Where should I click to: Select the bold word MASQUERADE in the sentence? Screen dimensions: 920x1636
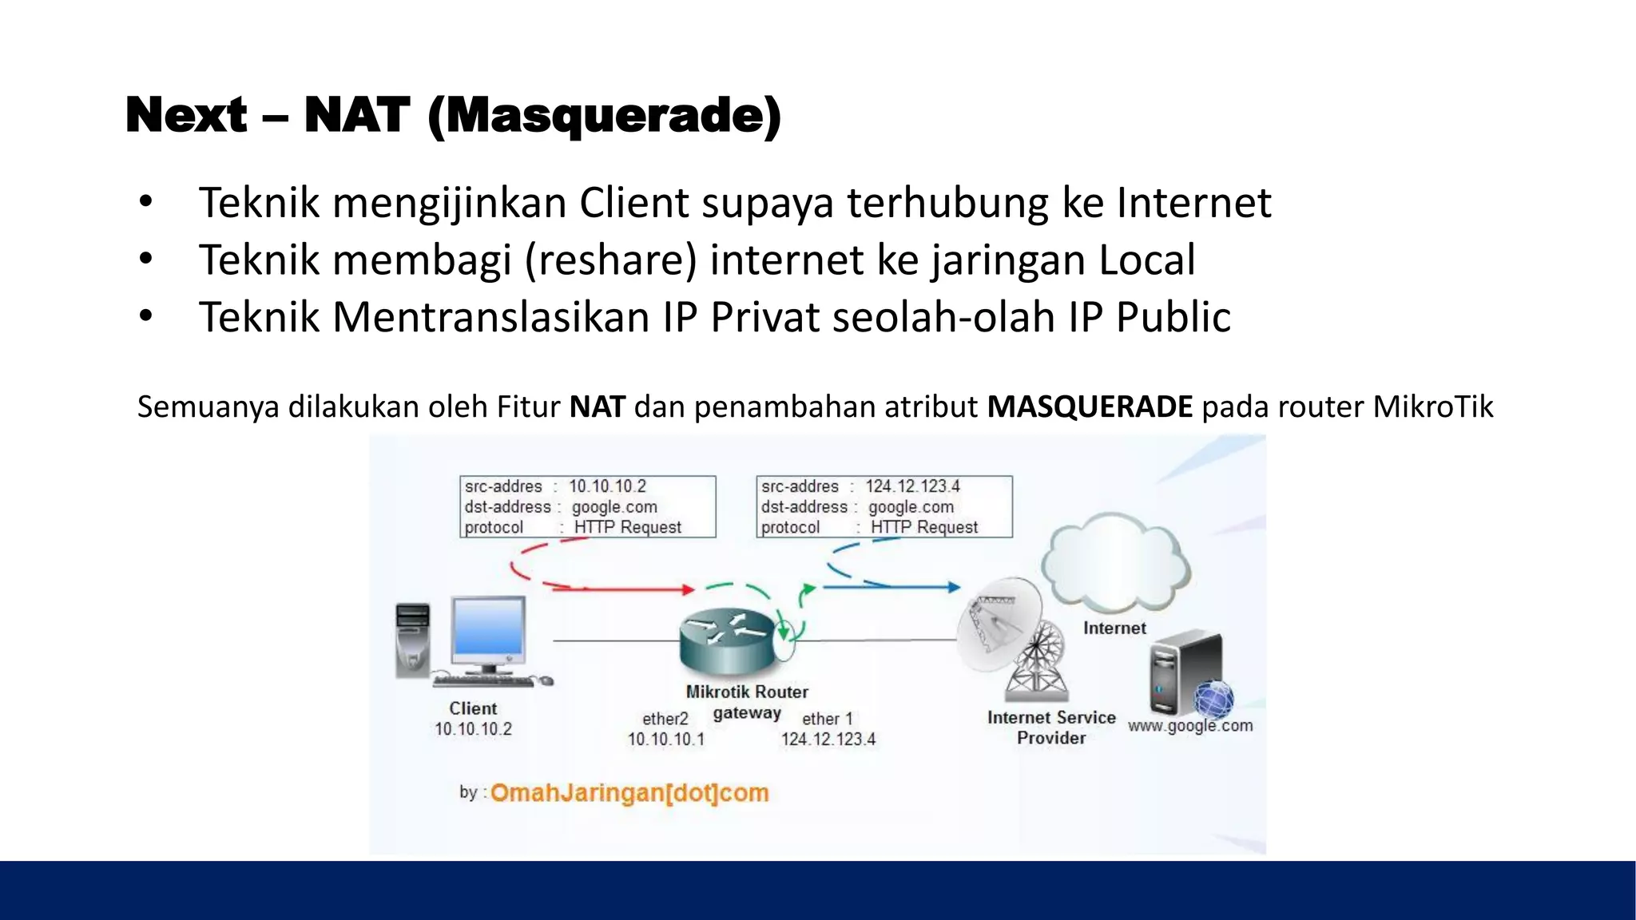[1090, 407]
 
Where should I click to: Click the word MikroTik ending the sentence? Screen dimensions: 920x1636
[1432, 407]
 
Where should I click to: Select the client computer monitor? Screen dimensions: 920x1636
[488, 632]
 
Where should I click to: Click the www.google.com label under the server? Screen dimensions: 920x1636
[1189, 726]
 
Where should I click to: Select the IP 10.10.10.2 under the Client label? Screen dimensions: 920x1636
[473, 729]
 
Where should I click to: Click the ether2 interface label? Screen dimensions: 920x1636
[665, 719]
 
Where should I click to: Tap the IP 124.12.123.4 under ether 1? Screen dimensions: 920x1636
[828, 740]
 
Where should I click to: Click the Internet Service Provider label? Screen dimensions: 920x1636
[1050, 728]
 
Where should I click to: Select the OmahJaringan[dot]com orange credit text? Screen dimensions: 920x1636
[629, 793]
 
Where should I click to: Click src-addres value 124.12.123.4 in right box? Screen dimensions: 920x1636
[912, 486]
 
